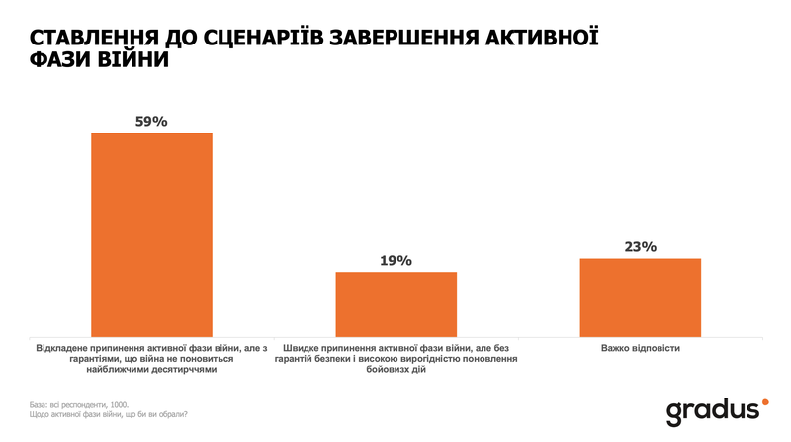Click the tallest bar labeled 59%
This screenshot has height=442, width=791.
coord(151,234)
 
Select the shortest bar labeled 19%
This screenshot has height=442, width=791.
coord(396,305)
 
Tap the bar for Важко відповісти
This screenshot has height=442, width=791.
coord(641,298)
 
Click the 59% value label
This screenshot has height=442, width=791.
coord(151,121)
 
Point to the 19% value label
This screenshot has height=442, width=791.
coord(396,260)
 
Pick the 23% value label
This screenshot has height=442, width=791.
coord(641,247)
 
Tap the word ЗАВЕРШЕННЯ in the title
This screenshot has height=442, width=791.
coord(423,38)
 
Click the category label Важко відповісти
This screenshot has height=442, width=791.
coord(641,349)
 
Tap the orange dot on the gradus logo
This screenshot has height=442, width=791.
coord(764,400)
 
